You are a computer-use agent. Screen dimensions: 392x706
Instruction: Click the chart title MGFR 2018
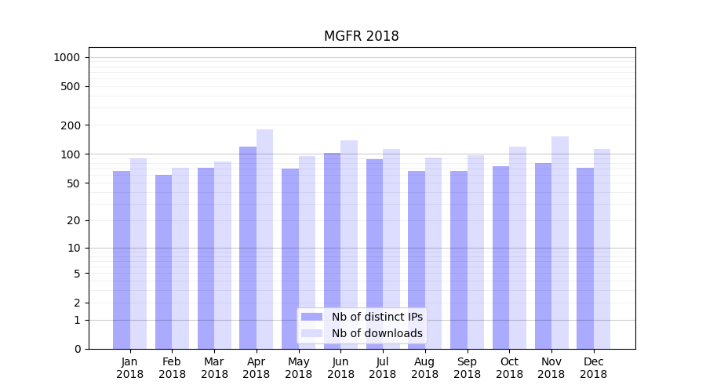pyautogui.click(x=361, y=37)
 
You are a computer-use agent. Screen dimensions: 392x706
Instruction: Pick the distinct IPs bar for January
pyautogui.click(x=122, y=259)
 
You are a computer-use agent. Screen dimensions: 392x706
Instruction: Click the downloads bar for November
pyautogui.click(x=560, y=242)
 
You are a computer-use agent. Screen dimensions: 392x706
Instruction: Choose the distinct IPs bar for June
pyautogui.click(x=333, y=251)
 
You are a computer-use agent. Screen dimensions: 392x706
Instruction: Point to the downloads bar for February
pyautogui.click(x=180, y=258)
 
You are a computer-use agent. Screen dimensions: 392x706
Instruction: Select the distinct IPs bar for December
pyautogui.click(x=585, y=258)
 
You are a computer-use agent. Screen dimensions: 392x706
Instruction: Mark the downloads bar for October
pyautogui.click(x=518, y=247)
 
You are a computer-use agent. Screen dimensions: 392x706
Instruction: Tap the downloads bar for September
pyautogui.click(x=475, y=252)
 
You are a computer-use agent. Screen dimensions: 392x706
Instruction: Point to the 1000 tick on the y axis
pyautogui.click(x=67, y=57)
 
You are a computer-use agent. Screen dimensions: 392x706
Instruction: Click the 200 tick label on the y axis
pyautogui.click(x=71, y=125)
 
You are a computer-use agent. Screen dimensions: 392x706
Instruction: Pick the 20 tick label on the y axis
pyautogui.click(x=73, y=220)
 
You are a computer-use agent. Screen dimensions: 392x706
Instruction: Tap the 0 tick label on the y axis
pyautogui.click(x=77, y=349)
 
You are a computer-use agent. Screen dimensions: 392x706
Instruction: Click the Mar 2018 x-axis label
pyautogui.click(x=214, y=368)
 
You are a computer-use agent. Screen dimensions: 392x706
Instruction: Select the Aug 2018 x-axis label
pyautogui.click(x=424, y=368)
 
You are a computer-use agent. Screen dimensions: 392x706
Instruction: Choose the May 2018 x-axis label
pyautogui.click(x=298, y=368)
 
